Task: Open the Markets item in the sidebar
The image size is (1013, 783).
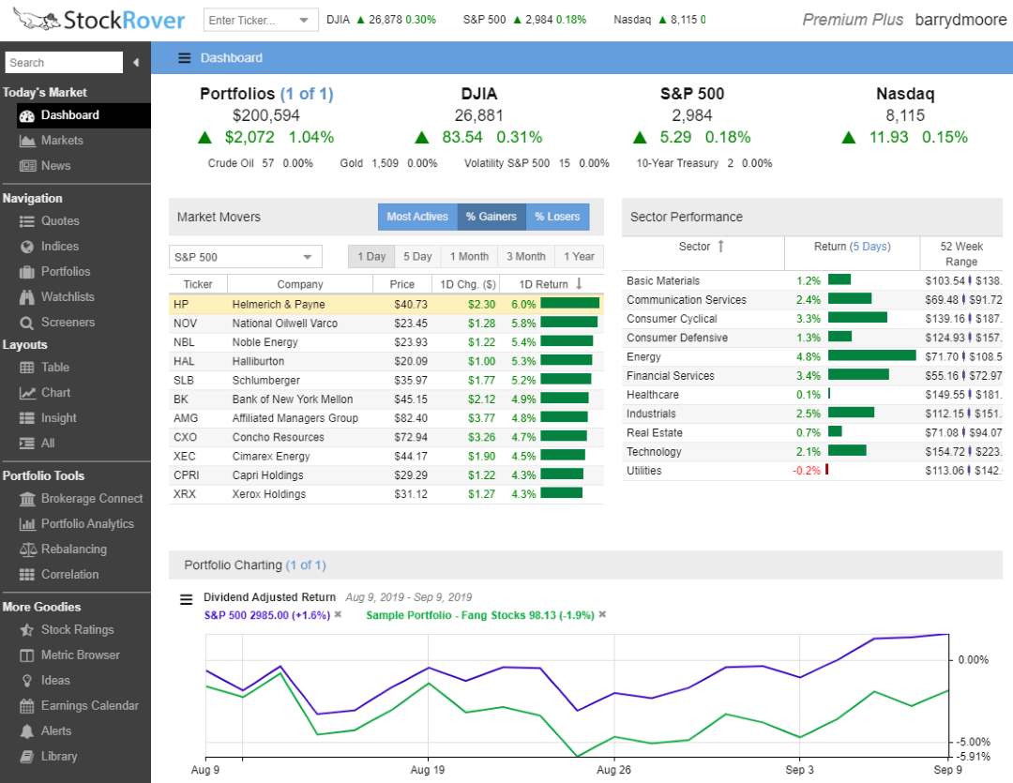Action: (x=62, y=141)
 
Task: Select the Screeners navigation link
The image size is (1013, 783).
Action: (x=68, y=323)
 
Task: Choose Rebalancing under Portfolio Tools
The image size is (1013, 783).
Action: (x=73, y=550)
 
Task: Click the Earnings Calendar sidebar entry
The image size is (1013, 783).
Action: (x=89, y=706)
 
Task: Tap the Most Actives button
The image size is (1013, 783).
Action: (x=417, y=217)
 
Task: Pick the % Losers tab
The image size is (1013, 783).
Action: (x=557, y=217)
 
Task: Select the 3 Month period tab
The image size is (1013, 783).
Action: (x=526, y=257)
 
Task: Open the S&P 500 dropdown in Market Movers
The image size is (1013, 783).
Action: (x=245, y=257)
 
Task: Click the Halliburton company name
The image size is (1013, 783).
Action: (x=258, y=361)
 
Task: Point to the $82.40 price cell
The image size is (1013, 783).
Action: (x=409, y=418)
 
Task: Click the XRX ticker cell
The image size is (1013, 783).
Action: (x=185, y=494)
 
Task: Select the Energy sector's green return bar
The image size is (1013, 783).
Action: (x=871, y=356)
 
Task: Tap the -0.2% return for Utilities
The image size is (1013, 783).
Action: (x=807, y=471)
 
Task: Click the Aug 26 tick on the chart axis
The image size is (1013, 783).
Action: (x=613, y=769)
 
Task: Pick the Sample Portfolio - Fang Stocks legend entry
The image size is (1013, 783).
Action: (x=478, y=615)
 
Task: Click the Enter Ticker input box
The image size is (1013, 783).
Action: (x=250, y=20)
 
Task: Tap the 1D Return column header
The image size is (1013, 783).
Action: (x=545, y=284)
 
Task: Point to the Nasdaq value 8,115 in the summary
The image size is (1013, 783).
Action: (x=904, y=115)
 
